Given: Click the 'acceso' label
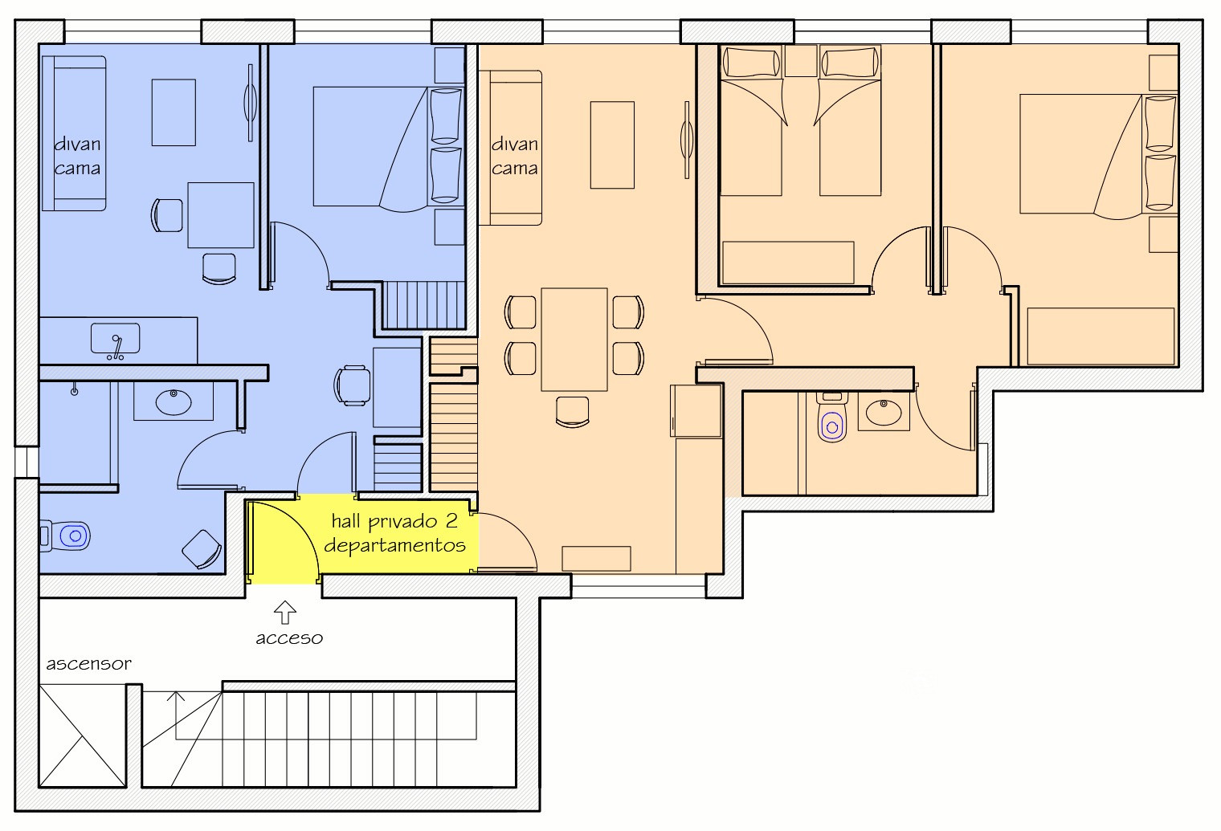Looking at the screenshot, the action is click(289, 638).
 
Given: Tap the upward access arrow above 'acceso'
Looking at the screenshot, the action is click(284, 613).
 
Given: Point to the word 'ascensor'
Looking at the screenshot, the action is click(89, 664).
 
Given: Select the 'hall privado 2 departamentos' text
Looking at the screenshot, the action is click(394, 533).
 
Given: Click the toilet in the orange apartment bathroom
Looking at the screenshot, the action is click(832, 418).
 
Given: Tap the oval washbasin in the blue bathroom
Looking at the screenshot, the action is click(174, 402).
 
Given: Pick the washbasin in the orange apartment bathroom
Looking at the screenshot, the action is click(884, 412).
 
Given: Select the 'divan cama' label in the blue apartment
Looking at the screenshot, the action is click(77, 157).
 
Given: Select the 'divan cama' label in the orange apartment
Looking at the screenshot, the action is click(514, 157).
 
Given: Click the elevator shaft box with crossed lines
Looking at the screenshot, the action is click(82, 736).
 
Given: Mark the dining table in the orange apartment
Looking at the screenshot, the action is click(574, 340).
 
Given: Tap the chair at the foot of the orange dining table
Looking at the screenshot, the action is click(572, 411).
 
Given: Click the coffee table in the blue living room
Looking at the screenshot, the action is click(174, 112).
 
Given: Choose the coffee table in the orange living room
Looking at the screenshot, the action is click(612, 145).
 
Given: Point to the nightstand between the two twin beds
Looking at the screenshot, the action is click(801, 60).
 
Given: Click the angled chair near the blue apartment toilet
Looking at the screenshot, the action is click(202, 549).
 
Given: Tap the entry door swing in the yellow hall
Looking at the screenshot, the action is click(284, 539).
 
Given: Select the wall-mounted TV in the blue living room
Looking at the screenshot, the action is click(250, 103).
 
